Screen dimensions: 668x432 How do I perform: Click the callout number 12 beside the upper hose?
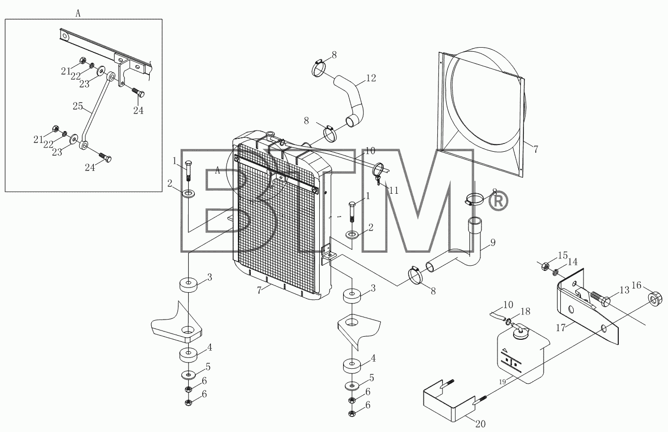tap(371, 78)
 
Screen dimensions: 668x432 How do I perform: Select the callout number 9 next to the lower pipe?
tap(493, 243)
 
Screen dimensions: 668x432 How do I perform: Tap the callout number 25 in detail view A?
tap(78, 106)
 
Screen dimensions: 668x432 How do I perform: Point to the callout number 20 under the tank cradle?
tap(480, 424)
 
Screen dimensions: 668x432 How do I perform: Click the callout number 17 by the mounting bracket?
tap(561, 328)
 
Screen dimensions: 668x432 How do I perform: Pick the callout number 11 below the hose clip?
tap(394, 191)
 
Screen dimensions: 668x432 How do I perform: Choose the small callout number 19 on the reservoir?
tap(503, 382)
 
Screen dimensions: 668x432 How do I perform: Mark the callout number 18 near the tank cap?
tap(525, 311)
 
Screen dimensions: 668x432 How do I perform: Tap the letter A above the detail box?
tap(78, 13)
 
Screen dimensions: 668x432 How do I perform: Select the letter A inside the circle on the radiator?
tap(218, 170)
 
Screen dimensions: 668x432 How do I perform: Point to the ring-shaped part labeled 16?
tap(656, 299)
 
